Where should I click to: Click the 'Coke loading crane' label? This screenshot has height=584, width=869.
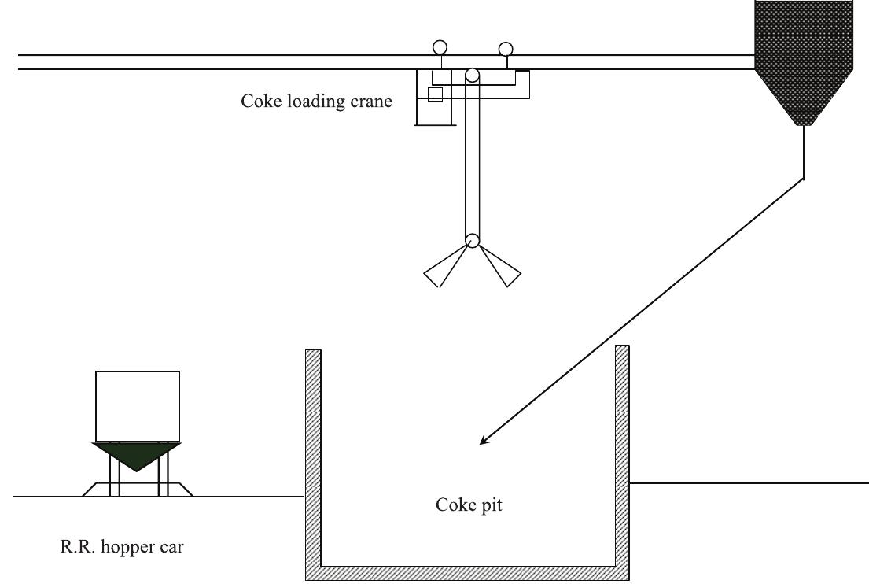point(316,102)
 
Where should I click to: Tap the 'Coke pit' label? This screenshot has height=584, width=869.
point(469,505)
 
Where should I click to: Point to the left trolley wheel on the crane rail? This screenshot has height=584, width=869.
point(440,47)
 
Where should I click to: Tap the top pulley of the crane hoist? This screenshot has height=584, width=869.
point(472,76)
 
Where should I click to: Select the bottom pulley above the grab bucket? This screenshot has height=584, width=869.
point(472,240)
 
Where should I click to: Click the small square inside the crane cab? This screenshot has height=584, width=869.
point(435,94)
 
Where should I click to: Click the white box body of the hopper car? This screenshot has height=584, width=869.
point(137,405)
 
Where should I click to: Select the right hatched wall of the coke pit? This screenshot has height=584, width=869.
point(622,456)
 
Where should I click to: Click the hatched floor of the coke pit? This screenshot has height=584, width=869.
point(468,572)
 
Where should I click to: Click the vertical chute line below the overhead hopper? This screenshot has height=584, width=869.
point(803,153)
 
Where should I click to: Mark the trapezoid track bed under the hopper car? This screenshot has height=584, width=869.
point(137,490)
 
